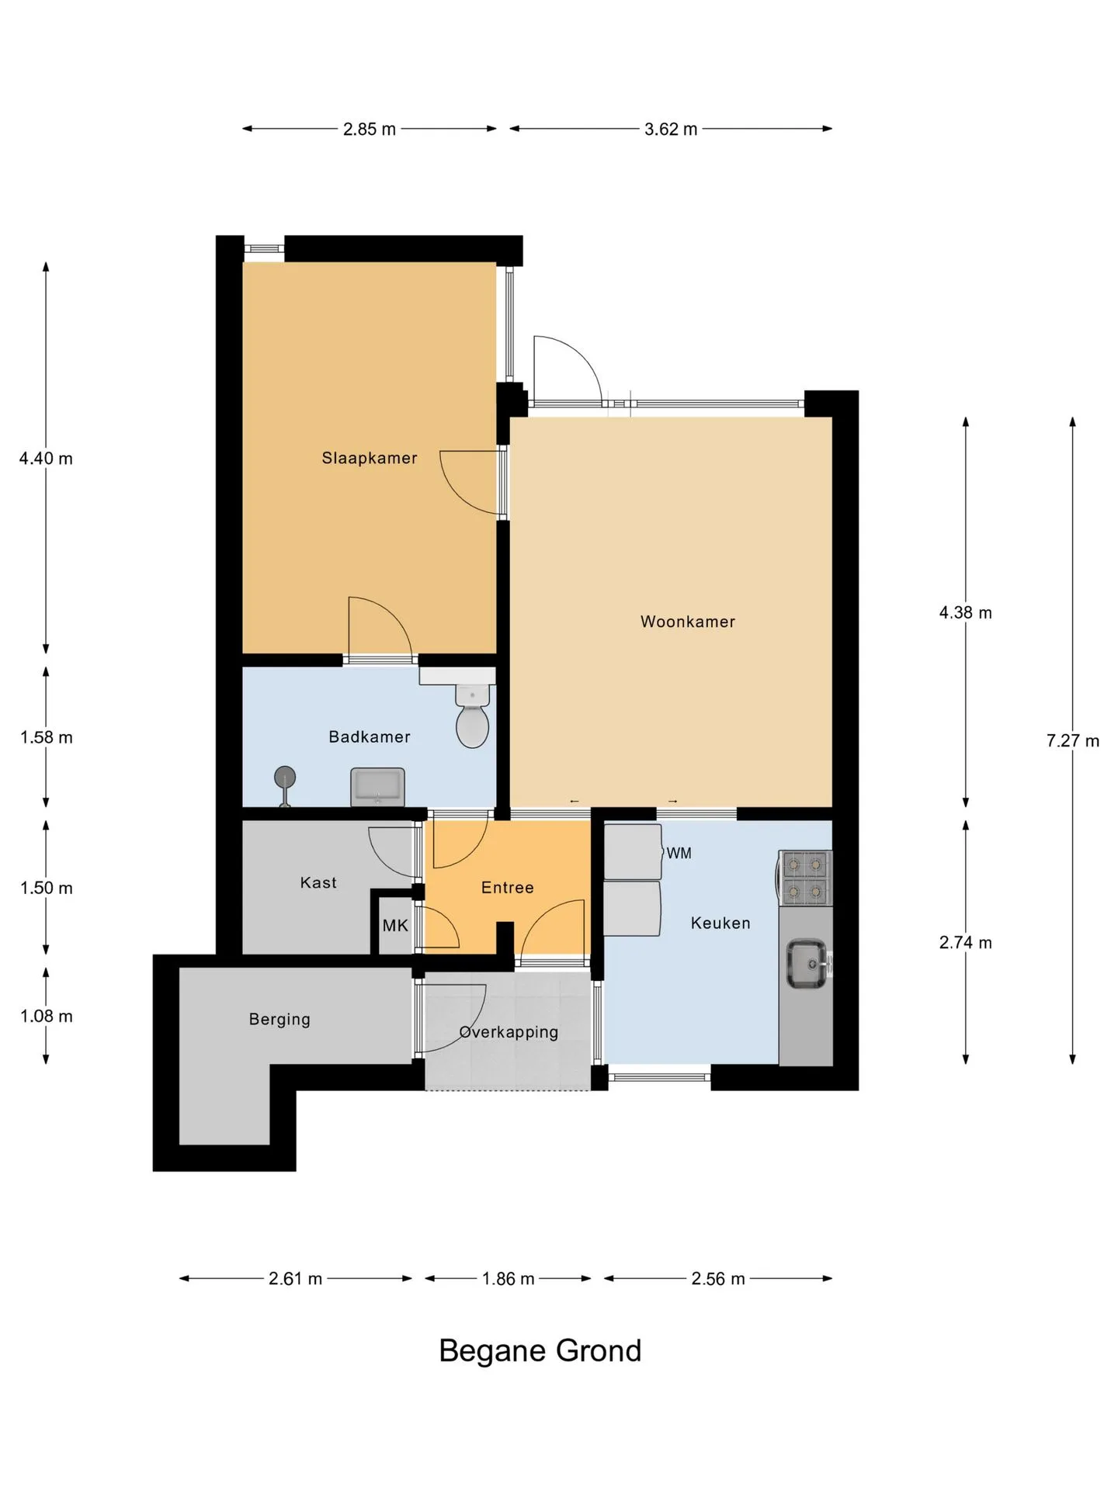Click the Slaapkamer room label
pyautogui.click(x=370, y=458)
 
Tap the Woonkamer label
pyautogui.click(x=687, y=622)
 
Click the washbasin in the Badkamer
pyautogui.click(x=377, y=787)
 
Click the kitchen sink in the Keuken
pyautogui.click(x=808, y=965)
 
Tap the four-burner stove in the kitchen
pyautogui.click(x=805, y=878)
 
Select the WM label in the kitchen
pyautogui.click(x=679, y=854)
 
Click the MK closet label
pyautogui.click(x=395, y=925)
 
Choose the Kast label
pyautogui.click(x=318, y=882)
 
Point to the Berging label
pyautogui.click(x=279, y=1020)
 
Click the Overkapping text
pyautogui.click(x=509, y=1032)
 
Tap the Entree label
pyautogui.click(x=508, y=888)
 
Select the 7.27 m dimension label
pyautogui.click(x=1073, y=741)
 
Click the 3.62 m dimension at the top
pyautogui.click(x=671, y=130)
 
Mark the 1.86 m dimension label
pyautogui.click(x=508, y=1279)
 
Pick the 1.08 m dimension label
pyautogui.click(x=47, y=1017)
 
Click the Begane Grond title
pyautogui.click(x=540, y=1351)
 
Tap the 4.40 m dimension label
pyautogui.click(x=46, y=459)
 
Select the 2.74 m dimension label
pyautogui.click(x=966, y=943)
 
